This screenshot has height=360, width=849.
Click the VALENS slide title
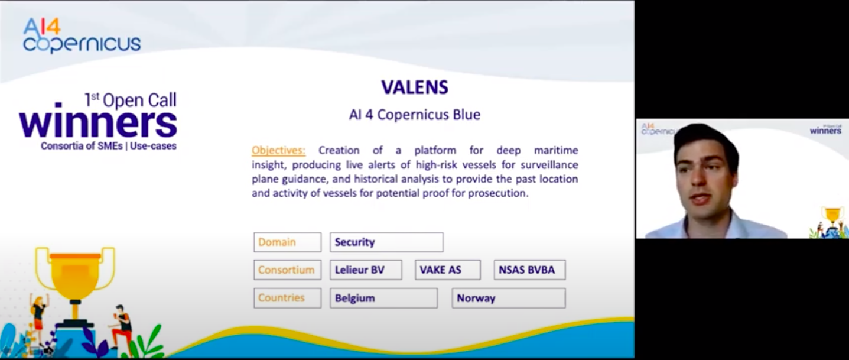415,87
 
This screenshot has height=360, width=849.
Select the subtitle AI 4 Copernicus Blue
415,114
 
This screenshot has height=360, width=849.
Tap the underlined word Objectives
279,150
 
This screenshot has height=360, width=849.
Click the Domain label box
287,242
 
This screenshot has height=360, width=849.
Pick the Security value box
386,242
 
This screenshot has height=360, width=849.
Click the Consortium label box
287,270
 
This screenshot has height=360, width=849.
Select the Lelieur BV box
366,270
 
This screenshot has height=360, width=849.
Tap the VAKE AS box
447,270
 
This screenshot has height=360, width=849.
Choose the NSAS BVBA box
529,270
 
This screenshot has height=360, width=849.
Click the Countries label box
287,298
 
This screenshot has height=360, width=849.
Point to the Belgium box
383,298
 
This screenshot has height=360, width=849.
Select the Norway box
509,298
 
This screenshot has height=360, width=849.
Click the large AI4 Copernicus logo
82,35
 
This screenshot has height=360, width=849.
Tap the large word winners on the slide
98,123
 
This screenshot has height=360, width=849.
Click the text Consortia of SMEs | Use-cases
109,145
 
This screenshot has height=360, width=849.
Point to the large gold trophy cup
75,275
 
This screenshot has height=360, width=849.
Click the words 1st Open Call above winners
131,100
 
